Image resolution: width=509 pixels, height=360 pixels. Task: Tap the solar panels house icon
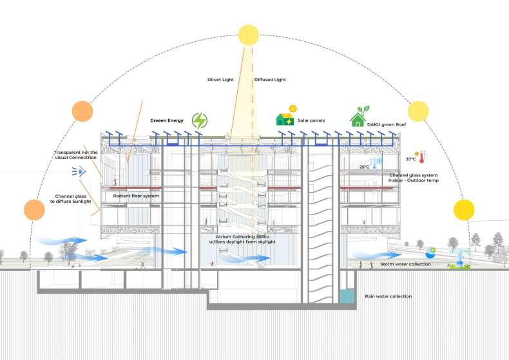286,116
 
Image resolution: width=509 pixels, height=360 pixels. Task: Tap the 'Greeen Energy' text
167,120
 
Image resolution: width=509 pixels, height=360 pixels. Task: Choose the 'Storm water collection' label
406,264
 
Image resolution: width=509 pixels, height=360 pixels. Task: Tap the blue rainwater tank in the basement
347,296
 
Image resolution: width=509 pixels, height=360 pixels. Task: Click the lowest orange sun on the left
34,209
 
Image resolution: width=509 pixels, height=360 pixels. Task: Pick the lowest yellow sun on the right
463,209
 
